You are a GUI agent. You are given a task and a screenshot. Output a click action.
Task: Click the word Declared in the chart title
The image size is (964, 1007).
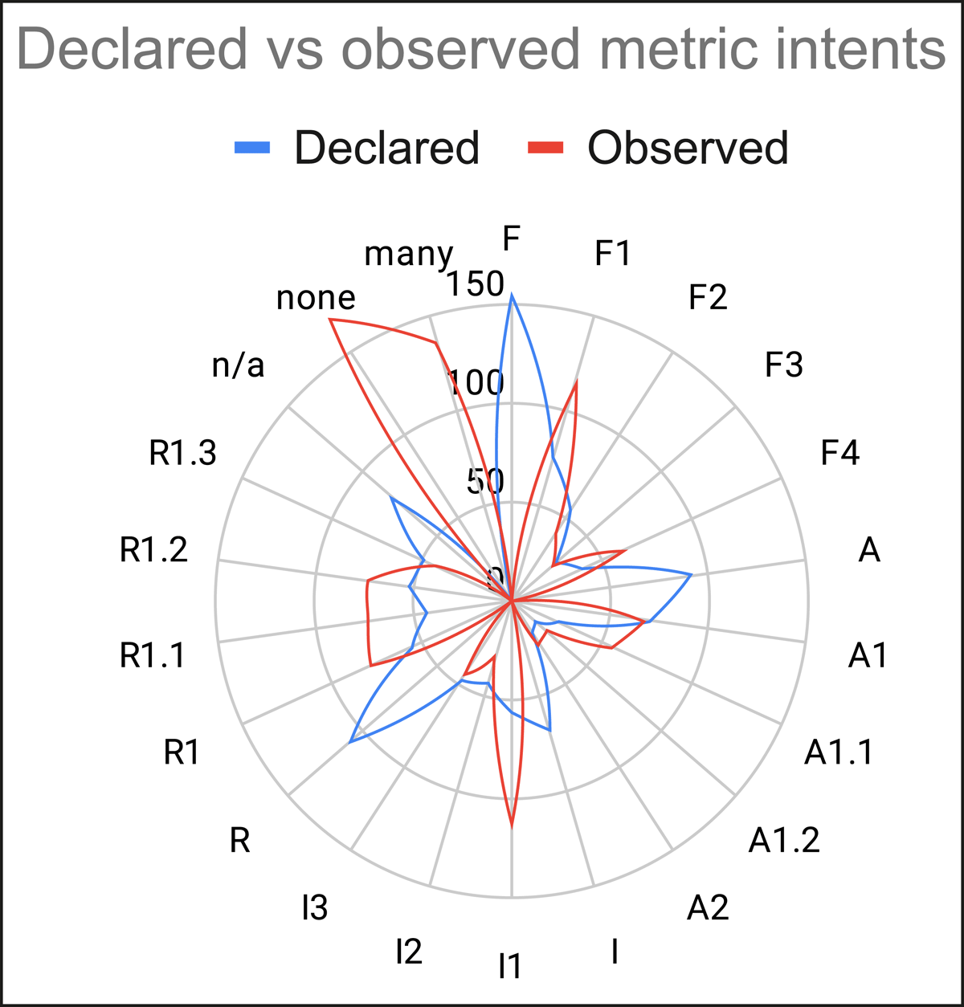tap(132, 49)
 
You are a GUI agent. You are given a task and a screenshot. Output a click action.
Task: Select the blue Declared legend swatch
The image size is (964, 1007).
tap(252, 148)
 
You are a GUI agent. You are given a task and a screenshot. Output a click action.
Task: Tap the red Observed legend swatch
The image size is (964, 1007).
tap(545, 148)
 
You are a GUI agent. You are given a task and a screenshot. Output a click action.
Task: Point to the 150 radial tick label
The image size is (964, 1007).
tap(475, 283)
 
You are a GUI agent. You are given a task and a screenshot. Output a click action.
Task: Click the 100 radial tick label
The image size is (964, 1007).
tap(475, 383)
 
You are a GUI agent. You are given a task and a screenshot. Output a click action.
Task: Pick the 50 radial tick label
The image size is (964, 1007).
tap(485, 482)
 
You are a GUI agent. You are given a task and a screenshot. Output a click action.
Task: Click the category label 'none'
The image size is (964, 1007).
tap(316, 298)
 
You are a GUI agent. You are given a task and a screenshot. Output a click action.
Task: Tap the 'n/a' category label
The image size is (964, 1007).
tap(238, 366)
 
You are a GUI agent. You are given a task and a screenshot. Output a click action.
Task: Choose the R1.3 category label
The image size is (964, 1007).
tap(182, 453)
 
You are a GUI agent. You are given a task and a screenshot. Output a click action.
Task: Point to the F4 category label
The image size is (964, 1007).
tap(839, 453)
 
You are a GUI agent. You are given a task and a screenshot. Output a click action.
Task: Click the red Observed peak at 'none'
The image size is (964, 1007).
tap(330, 320)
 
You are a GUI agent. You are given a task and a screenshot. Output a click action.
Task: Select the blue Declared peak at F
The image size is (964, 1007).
tap(512, 295)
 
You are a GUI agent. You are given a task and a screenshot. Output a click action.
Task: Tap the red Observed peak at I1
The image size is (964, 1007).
tap(512, 828)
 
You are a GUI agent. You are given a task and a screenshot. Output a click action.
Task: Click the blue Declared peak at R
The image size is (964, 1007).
tap(350, 743)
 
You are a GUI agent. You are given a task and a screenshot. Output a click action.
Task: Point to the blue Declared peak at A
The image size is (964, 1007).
tap(692, 574)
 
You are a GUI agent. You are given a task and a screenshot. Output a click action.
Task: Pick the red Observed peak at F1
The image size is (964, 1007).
tap(577, 382)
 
